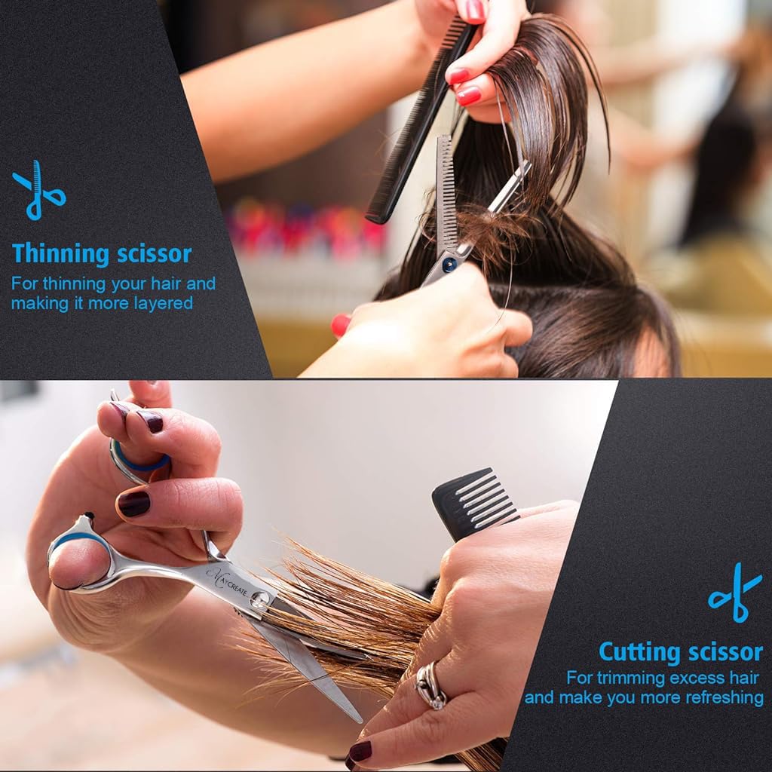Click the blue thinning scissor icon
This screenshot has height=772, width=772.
coord(38,190)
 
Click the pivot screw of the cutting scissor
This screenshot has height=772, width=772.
coord(261,600)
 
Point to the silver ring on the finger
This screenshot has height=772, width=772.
coord(430,685)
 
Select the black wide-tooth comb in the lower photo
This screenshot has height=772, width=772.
coord(472,502)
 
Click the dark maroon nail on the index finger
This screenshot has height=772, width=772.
coord(133,504)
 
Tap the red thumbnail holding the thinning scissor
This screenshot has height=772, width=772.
coord(340,324)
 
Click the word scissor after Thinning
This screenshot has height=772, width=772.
coord(155,254)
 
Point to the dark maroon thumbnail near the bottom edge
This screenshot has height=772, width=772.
coord(360,751)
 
